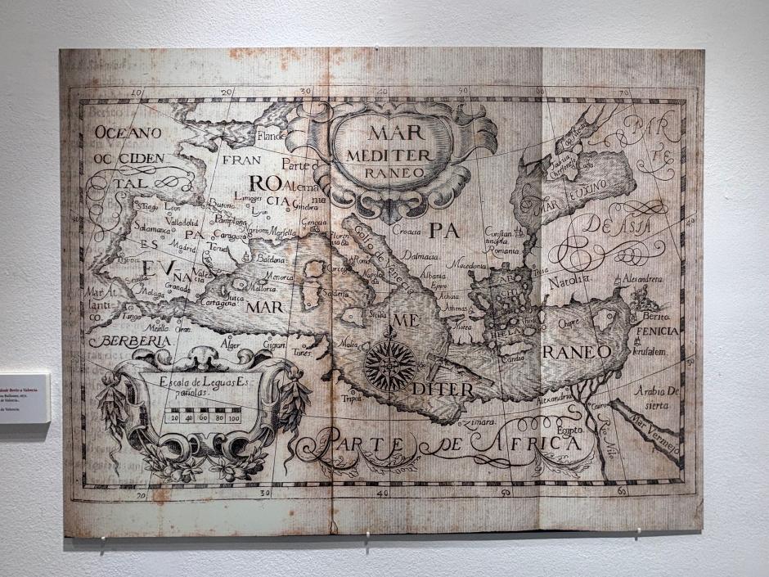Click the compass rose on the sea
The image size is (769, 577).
390,365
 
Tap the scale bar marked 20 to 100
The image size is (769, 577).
203,417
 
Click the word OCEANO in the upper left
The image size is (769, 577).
127,132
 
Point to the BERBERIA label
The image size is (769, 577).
130,341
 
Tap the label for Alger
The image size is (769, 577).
231,345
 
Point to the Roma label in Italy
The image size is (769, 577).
362,260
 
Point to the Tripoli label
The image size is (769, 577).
353,399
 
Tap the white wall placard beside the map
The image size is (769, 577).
24,398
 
